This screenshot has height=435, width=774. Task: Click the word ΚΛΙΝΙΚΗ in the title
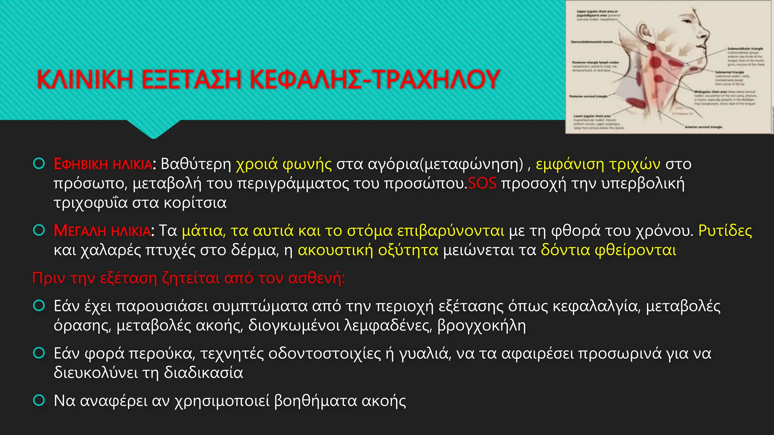point(85,80)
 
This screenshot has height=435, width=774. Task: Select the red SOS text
point(482,184)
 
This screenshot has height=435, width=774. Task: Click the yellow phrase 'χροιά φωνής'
point(284,164)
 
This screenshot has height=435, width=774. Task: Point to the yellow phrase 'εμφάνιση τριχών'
point(598,164)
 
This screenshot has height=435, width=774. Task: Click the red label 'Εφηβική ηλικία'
point(103,164)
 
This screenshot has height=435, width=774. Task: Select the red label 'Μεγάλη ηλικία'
point(102,231)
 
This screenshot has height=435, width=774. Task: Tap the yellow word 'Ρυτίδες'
point(725,231)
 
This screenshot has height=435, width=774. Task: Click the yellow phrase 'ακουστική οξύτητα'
point(368,250)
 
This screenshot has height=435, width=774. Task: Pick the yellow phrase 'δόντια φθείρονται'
point(608,250)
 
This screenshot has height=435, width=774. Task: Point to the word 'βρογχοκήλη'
point(481,325)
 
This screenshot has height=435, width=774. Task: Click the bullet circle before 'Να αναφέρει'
point(39,400)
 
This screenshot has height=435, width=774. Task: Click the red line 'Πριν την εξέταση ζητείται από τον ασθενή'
point(189,278)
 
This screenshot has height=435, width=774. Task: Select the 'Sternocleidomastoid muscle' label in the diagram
point(591,42)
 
